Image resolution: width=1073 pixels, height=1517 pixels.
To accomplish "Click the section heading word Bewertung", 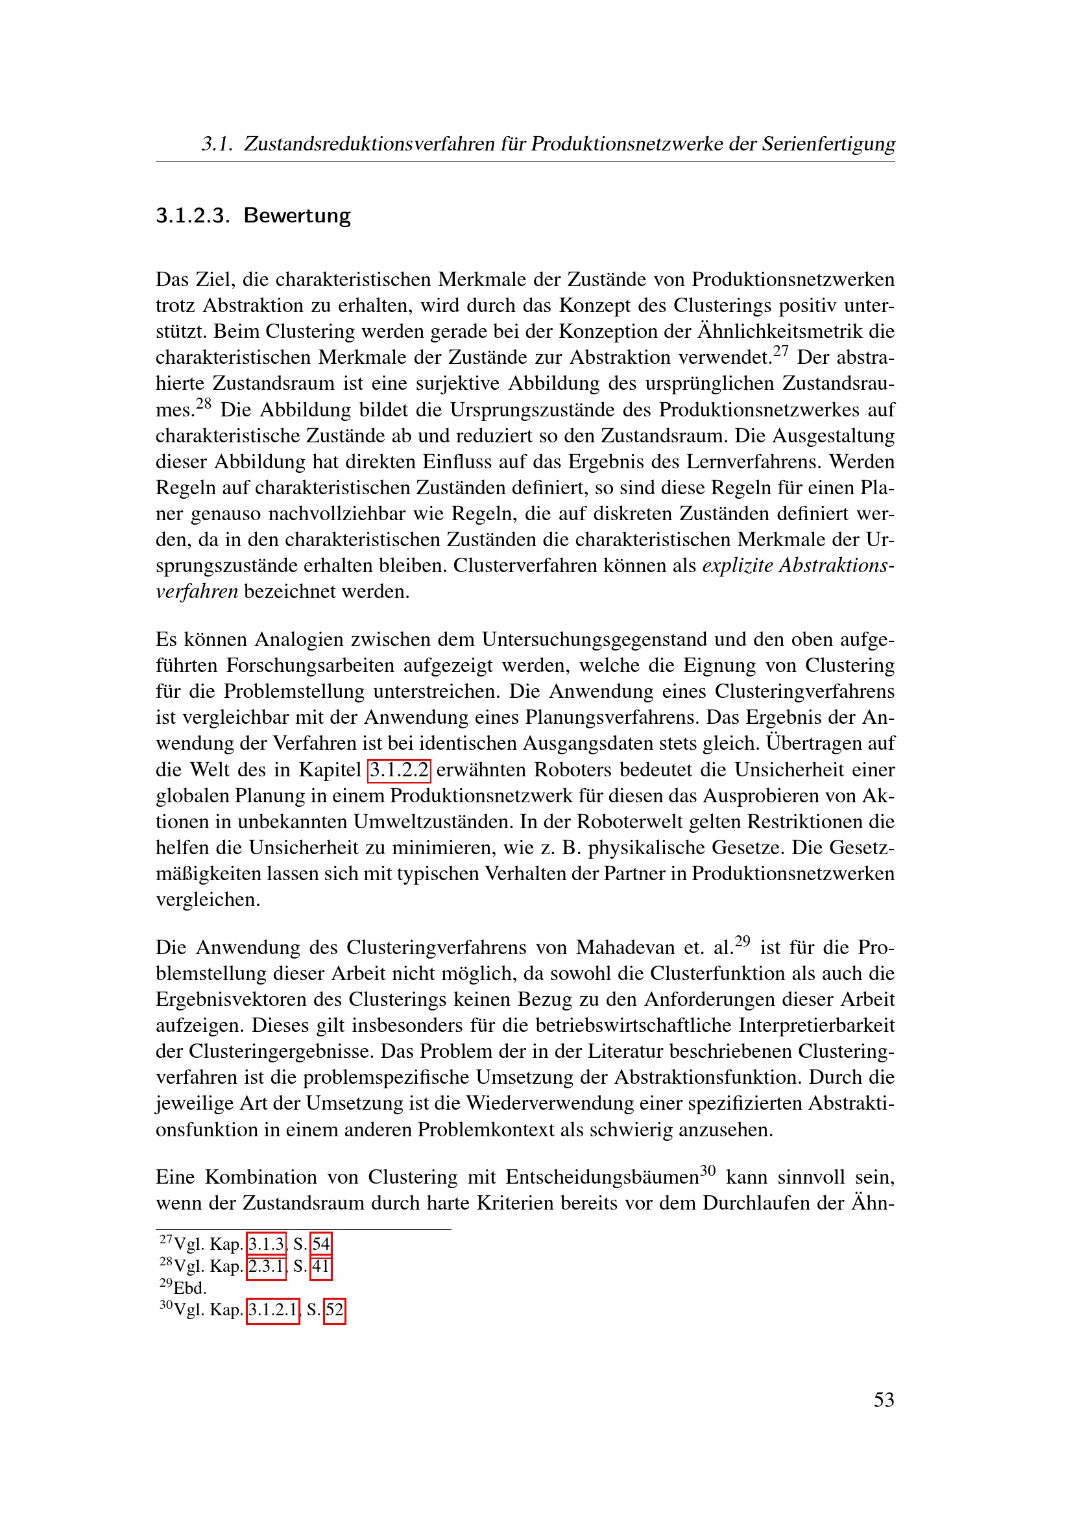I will point(296,215).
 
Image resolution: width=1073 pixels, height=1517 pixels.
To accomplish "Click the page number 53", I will point(884,1400).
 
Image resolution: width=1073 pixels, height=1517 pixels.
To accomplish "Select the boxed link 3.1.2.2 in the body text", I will point(399,770).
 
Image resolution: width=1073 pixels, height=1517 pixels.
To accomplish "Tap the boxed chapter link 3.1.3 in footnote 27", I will point(266,1244).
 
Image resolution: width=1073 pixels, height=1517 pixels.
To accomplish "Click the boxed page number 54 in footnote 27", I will point(321,1244).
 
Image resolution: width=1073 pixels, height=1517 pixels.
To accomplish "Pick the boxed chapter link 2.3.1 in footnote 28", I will point(266,1266).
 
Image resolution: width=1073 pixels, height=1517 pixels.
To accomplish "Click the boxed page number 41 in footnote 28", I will point(321,1266).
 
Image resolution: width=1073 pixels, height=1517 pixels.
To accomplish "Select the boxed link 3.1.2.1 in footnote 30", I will point(273,1309).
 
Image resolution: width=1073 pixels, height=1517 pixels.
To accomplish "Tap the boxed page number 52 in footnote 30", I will point(334,1309).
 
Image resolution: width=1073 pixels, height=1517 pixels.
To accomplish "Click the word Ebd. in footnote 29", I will point(189,1288).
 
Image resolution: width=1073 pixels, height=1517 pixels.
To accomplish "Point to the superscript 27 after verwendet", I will point(781,351).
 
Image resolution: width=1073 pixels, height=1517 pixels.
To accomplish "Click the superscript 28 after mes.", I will point(204,403).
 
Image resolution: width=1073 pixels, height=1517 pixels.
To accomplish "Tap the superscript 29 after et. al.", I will point(743,941).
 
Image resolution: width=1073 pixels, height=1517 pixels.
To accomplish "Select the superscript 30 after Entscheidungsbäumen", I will point(708,1171).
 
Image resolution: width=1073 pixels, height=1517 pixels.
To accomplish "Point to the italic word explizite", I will point(737,566).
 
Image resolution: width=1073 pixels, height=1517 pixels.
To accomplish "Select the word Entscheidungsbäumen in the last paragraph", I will point(602,1177).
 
